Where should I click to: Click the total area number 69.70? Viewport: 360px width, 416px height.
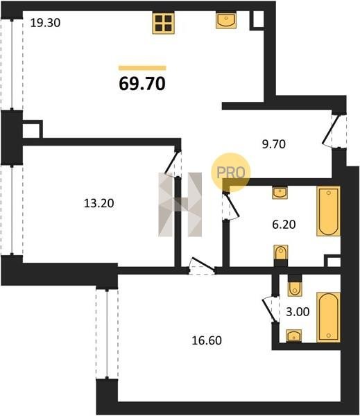coord(142,84)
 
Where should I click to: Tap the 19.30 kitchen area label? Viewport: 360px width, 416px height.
coord(45,23)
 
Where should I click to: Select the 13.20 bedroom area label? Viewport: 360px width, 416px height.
coord(99,203)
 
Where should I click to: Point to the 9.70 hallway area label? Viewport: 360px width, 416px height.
coord(274,144)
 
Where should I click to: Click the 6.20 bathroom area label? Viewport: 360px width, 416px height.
coord(284,225)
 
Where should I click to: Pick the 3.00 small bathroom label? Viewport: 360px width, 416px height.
coord(298,312)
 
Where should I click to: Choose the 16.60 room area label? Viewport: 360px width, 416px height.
coord(207,340)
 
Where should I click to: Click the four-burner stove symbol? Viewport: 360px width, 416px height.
coord(163,23)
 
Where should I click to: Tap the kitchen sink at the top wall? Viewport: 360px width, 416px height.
coord(225,19)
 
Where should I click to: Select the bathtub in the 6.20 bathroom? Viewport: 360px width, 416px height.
coord(328,211)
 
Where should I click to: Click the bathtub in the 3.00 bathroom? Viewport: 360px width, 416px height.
coord(328,318)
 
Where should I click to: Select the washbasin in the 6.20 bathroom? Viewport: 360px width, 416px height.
coord(280,193)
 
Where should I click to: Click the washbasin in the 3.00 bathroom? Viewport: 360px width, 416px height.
coord(294,336)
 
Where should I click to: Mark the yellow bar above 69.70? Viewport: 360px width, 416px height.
coord(142,68)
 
